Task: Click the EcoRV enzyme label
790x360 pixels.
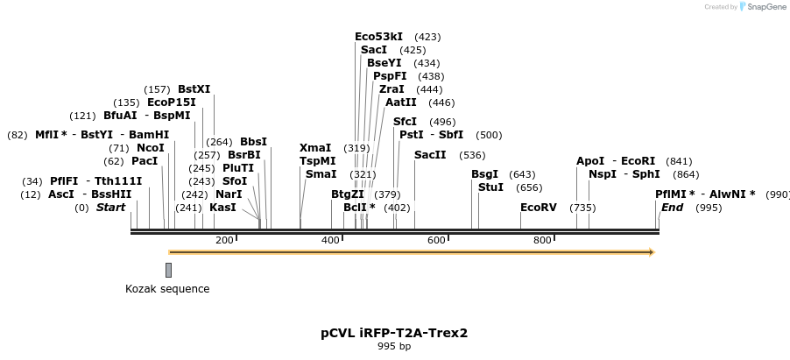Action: [538, 208]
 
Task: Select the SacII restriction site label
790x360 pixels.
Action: [430, 155]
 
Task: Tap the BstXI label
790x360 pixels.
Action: [194, 88]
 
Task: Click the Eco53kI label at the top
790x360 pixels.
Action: [378, 37]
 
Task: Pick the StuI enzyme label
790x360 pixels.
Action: [490, 187]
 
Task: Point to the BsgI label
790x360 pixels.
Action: [484, 174]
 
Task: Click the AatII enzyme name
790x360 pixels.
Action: [401, 102]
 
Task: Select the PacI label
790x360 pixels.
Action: [145, 161]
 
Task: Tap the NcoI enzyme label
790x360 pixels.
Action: [150, 148]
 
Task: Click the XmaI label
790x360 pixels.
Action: [315, 148]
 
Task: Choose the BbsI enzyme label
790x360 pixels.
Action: [253, 142]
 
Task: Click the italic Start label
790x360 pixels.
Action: [110, 208]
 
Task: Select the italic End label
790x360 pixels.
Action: [672, 208]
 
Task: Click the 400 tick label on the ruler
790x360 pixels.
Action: [331, 240]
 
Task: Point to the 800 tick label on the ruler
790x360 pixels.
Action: [542, 240]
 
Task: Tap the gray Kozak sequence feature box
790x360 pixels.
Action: [168, 270]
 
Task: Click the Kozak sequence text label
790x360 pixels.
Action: [167, 289]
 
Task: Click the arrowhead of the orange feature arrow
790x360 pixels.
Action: [651, 252]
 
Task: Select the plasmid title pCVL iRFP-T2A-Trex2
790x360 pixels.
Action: [394, 333]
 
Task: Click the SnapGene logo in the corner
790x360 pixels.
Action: [761, 7]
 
